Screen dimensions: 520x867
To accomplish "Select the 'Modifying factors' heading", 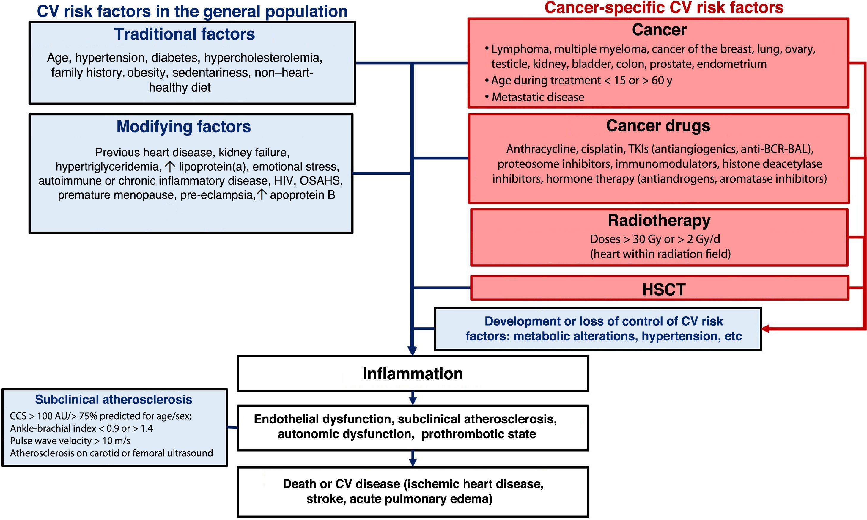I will pos(184,126).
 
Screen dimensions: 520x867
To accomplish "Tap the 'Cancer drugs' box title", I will pos(658,126).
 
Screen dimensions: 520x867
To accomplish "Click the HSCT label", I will pos(663,290).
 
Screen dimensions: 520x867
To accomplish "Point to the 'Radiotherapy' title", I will pos(659,220).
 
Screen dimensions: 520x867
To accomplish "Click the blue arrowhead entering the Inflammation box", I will pos(412,351).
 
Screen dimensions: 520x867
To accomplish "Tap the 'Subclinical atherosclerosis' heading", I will pos(114,400).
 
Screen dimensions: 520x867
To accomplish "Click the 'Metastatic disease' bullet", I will pos(538,97).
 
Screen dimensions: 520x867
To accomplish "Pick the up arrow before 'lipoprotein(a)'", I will pos(170,166).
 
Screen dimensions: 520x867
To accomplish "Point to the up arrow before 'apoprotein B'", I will pos(262,194).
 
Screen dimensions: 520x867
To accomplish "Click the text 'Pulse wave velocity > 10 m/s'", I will pos(70,440).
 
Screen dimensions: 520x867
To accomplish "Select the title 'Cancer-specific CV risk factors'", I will pos(664,8).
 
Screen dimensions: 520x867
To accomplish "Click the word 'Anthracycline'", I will pos(542,149).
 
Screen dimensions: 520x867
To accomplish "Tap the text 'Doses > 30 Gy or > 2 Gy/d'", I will pos(655,239).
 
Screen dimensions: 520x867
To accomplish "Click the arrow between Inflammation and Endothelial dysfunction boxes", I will pos(413,398).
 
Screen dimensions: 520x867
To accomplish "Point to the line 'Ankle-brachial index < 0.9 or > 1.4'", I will pos(81,428).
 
